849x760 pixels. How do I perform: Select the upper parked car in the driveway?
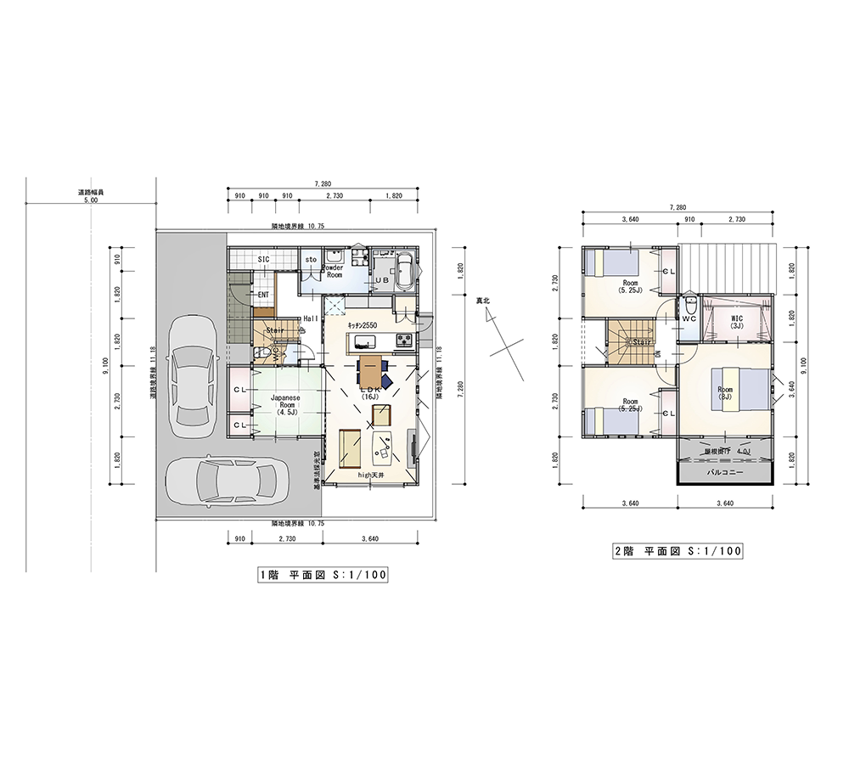pos(191,375)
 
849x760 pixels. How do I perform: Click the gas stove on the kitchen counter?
pos(404,341)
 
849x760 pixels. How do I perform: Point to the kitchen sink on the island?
pos(365,342)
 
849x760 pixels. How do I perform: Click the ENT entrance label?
pos(264,296)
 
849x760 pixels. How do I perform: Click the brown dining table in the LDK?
pos(371,371)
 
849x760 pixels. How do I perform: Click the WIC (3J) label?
pos(737,322)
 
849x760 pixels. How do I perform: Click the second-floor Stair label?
pos(639,342)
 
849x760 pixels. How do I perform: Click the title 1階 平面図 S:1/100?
pos(323,575)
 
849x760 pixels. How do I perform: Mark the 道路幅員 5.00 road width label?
pos(90,196)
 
